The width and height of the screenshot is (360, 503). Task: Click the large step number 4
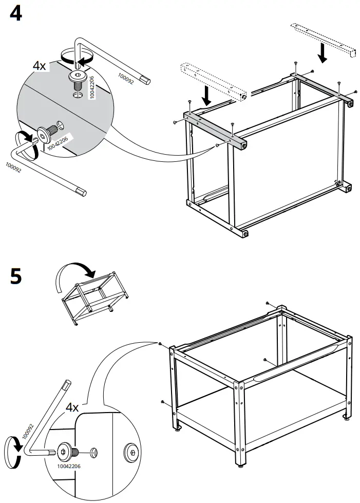(16, 13)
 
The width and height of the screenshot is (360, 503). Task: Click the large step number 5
(16, 276)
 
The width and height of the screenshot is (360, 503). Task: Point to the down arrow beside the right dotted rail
(322, 52)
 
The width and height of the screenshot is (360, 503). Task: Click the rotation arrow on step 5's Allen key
(12, 444)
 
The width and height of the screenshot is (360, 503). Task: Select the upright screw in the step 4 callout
(78, 79)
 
